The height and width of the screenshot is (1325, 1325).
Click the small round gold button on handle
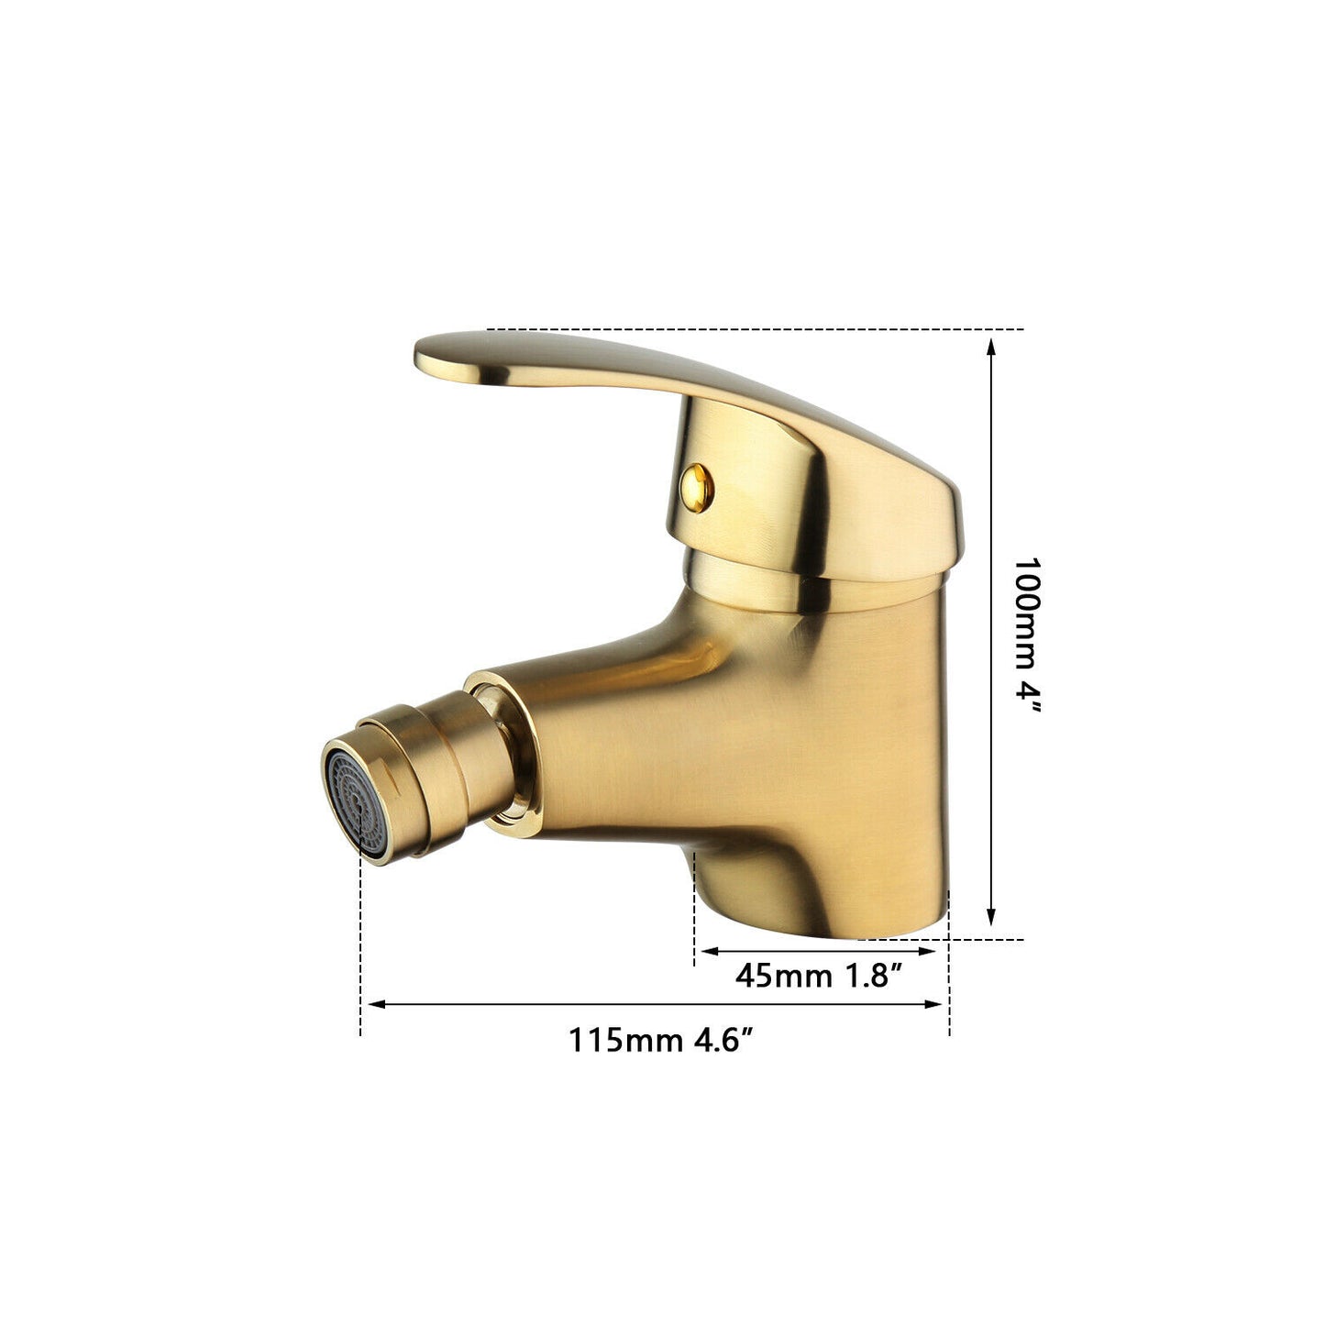coord(696,483)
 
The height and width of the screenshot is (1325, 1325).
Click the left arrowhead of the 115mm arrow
coord(373,1004)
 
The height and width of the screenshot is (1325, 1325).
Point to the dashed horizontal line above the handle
coord(752,328)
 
